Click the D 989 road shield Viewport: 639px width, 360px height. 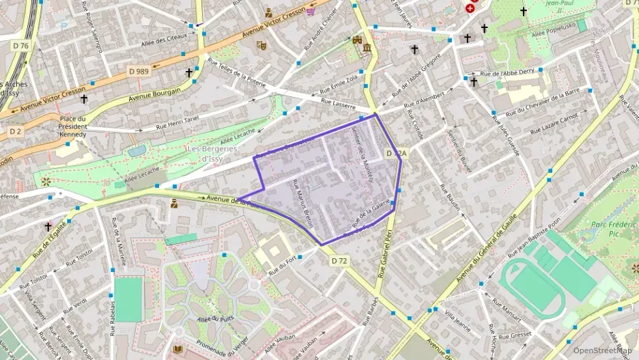pyautogui.click(x=139, y=70)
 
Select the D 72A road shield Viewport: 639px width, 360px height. pyautogui.click(x=396, y=154)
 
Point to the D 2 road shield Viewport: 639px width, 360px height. pyautogui.click(x=16, y=130)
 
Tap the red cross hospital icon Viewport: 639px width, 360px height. pyautogui.click(x=470, y=8)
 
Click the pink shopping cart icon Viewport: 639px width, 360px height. pyautogui.click(x=311, y=10)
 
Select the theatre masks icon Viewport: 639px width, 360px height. pyautogui.click(x=260, y=46)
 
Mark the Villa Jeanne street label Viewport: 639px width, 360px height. pyautogui.click(x=459, y=320)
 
